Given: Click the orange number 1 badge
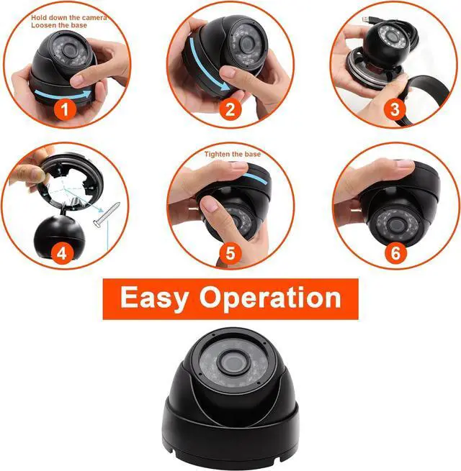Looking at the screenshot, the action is point(65,109).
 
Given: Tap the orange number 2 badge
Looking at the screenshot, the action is point(230,109).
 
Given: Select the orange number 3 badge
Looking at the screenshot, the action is point(395,109).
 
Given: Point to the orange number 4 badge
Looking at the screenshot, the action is point(62,253).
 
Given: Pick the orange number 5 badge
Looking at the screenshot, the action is point(230,253).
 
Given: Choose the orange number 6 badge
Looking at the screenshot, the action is point(395,253).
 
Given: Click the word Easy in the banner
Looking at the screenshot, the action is point(154,298).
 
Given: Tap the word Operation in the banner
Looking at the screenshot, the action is point(270,298).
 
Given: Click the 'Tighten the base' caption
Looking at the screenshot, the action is point(233,154).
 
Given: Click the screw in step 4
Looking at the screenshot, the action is point(107,214).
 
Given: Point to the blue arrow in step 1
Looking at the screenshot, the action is point(63,95).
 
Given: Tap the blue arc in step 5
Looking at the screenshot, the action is point(255,178).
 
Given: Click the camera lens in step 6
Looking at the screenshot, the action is point(395,225).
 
